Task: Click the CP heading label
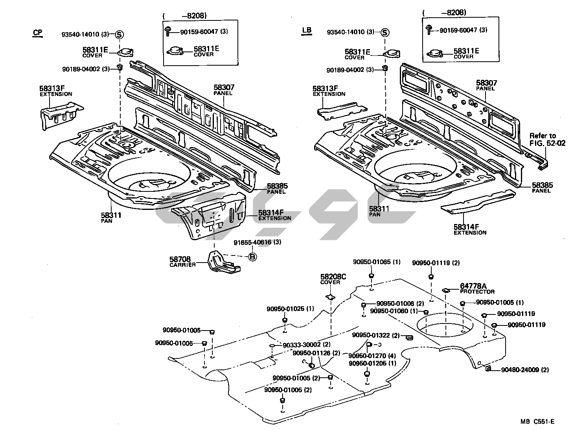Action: click(37, 33)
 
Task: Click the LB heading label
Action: click(306, 31)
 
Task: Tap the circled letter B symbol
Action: click(253, 257)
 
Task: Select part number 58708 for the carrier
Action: click(180, 259)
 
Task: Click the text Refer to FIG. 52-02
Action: click(547, 140)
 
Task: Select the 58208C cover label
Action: click(333, 277)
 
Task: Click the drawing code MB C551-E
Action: click(537, 422)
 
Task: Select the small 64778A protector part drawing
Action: click(446, 290)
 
